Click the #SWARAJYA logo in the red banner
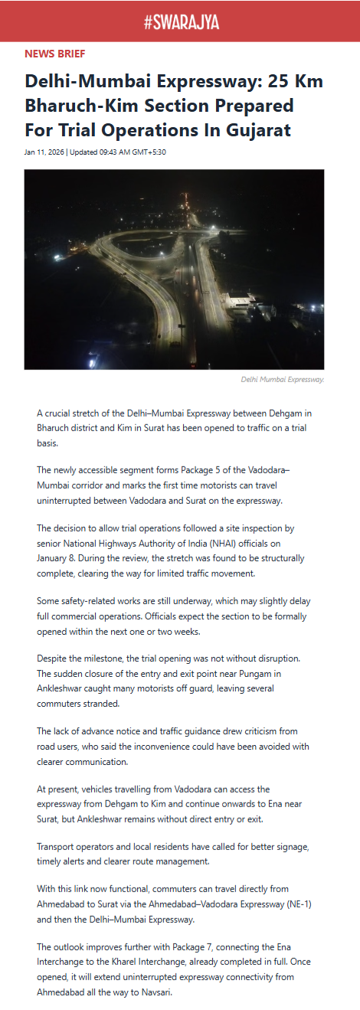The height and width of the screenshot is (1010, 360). [181, 22]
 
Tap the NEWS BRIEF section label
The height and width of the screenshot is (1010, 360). [55, 54]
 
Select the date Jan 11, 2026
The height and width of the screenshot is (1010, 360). [44, 152]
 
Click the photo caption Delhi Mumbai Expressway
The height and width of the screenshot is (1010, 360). [282, 379]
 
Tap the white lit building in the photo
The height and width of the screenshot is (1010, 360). [241, 300]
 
